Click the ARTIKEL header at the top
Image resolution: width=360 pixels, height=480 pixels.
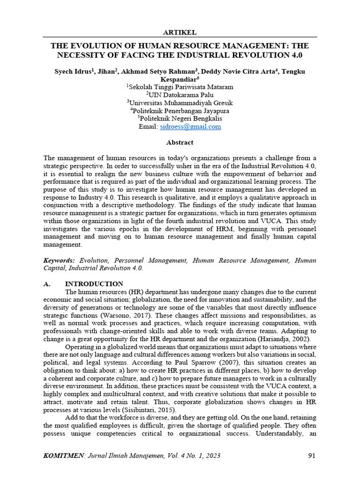pyautogui.click(x=180, y=32)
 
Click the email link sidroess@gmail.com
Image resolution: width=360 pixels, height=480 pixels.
pyautogui.click(x=190, y=127)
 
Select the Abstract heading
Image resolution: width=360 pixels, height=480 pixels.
pyautogui.click(x=180, y=142)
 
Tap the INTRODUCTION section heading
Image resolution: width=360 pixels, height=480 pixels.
pyautogui.click(x=94, y=284)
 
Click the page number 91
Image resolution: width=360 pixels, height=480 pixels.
pyautogui.click(x=312, y=456)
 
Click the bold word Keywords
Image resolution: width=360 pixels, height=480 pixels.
pyautogui.click(x=59, y=260)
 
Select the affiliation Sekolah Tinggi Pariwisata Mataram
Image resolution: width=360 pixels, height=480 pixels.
pyautogui.click(x=180, y=87)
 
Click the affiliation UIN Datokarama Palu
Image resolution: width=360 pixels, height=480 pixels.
pyautogui.click(x=180, y=95)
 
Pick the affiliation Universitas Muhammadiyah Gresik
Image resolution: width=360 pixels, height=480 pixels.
pyautogui.click(x=180, y=103)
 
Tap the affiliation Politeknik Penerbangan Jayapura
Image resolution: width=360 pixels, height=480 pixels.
pyautogui.click(x=180, y=111)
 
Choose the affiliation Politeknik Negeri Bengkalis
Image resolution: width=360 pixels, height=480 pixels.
pyautogui.click(x=180, y=119)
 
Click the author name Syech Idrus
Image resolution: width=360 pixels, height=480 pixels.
pyautogui.click(x=67, y=71)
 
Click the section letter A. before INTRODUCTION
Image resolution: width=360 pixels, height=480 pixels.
pyautogui.click(x=46, y=284)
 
